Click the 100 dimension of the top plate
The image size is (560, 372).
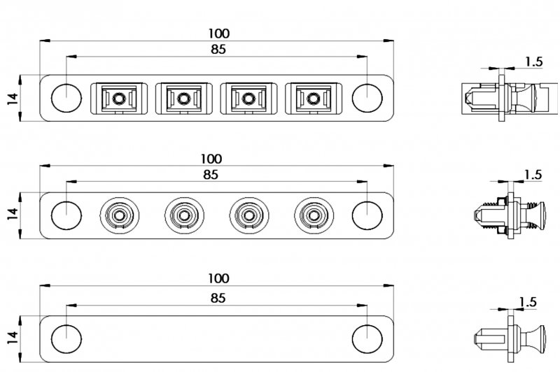tap(219, 33)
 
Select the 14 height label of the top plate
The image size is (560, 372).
tap(12, 98)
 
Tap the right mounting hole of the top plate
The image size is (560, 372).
tap(365, 98)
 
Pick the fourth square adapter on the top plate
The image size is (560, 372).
tap(309, 98)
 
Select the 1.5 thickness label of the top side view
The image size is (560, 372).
tap(533, 62)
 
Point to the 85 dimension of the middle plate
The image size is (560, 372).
tap(211, 175)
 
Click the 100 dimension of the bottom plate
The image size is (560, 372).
tap(218, 278)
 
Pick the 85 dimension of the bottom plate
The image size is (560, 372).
tap(218, 298)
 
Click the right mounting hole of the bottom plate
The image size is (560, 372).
tap(365, 338)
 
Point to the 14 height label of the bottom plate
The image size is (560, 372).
tap(12, 338)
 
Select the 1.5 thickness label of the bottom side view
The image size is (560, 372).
tap(529, 302)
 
